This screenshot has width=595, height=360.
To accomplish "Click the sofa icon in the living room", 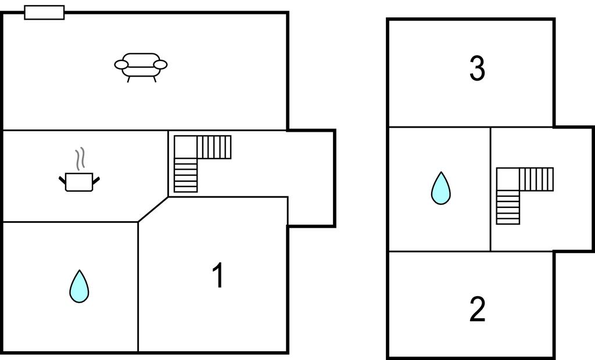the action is (x=141, y=67).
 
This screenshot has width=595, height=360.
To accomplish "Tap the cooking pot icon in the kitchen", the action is (x=79, y=182).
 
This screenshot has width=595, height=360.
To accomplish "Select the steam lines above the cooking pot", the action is (x=80, y=159).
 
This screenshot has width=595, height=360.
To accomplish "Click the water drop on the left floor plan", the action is (x=79, y=286).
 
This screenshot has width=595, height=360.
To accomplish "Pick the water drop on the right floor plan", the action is (x=441, y=188).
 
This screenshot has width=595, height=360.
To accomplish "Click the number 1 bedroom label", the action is (x=218, y=275).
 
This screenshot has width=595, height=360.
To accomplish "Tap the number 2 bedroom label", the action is (x=478, y=309).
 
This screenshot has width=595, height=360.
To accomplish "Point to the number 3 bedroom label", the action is (x=478, y=69).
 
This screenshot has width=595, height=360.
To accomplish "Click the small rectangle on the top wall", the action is (x=44, y=12).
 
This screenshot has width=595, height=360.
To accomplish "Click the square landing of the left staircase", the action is (x=185, y=147).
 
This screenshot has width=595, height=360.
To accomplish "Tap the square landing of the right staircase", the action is (x=508, y=179).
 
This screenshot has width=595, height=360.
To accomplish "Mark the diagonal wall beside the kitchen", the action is (x=153, y=209).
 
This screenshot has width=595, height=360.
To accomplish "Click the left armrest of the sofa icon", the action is (x=121, y=65).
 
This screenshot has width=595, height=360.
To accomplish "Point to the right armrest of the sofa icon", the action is (x=160, y=65).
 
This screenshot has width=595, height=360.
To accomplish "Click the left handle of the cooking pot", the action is (x=62, y=180).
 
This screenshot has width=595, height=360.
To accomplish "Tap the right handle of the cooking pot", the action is (x=96, y=180).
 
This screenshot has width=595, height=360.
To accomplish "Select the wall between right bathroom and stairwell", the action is (x=490, y=189).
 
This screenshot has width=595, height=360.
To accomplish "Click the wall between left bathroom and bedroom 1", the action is (x=138, y=287).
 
